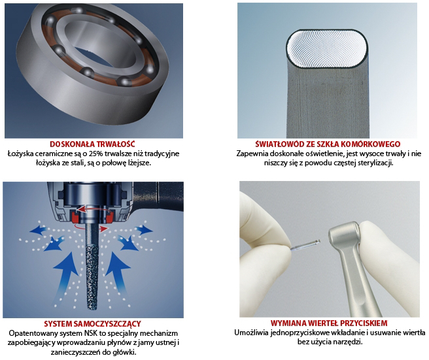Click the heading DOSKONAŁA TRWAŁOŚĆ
point(92,144)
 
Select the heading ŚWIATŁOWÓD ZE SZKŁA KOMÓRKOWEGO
point(328,144)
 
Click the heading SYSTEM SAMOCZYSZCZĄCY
point(92,324)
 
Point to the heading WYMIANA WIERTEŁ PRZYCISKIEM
point(329,323)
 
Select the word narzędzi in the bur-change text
point(350,342)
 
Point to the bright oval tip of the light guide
point(327,48)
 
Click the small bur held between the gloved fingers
point(305,244)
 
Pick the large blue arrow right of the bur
point(118,274)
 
